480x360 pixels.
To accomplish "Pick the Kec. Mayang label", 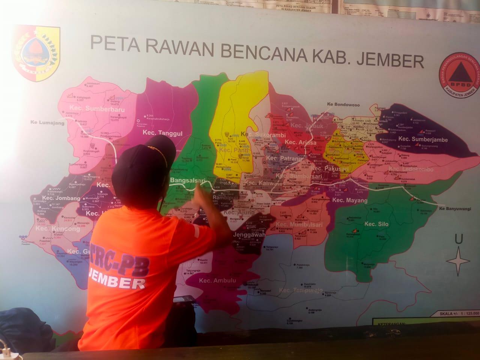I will point(350,200).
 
